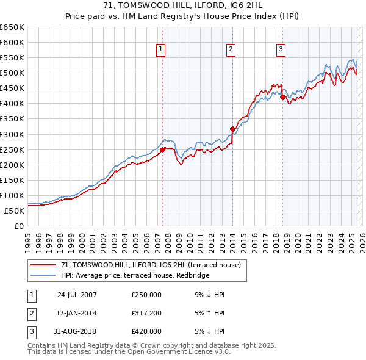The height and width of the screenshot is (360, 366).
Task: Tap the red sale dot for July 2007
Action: pos(162,149)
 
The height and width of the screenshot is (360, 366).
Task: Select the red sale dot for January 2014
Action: pos(232,129)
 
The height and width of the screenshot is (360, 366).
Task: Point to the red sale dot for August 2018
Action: pos(283,97)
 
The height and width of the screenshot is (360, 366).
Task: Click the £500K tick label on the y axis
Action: pos(12,73)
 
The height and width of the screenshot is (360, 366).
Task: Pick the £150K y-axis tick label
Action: pos(12,180)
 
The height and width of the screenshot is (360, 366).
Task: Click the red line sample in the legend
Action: pos(44,265)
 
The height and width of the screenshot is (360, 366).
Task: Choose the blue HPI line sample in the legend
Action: pos(44,275)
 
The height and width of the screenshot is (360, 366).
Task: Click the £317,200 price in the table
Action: pos(146,313)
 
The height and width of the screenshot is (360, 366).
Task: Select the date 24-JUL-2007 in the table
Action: pos(77,295)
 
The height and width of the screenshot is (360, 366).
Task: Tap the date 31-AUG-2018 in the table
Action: pos(77,331)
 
